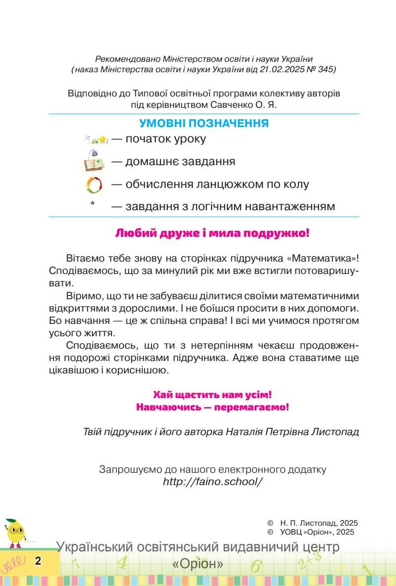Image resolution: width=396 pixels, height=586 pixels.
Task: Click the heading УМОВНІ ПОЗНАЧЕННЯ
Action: pyautogui.click(x=204, y=124)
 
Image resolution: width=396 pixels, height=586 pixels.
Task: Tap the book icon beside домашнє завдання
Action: pyautogui.click(x=93, y=161)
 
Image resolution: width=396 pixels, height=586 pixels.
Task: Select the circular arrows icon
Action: pyautogui.click(x=94, y=185)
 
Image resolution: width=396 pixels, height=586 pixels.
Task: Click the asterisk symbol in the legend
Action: pyautogui.click(x=93, y=204)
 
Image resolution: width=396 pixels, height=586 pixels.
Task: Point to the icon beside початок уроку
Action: pyautogui.click(x=96, y=139)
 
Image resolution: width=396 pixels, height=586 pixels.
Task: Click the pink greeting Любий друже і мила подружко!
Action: pyautogui.click(x=212, y=233)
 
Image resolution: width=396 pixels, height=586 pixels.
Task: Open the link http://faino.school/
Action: pyautogui.click(x=212, y=481)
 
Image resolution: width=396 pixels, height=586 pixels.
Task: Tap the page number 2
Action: pyautogui.click(x=38, y=561)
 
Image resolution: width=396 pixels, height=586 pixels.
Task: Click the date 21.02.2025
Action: pyautogui.click(x=278, y=70)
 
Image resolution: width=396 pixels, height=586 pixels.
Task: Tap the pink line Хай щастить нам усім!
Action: pyautogui.click(x=212, y=395)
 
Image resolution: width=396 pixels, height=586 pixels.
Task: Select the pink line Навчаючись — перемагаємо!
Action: pyautogui.click(x=212, y=407)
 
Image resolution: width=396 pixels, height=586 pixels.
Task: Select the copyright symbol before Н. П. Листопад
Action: pyautogui.click(x=270, y=523)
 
